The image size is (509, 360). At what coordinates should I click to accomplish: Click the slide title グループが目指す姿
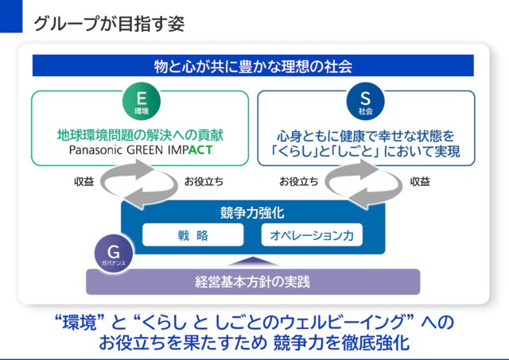click(109, 23)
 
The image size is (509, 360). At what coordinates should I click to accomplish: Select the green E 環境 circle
click(141, 102)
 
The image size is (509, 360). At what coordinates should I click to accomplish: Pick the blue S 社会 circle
click(366, 102)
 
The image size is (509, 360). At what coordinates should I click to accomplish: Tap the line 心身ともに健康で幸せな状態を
click(366, 134)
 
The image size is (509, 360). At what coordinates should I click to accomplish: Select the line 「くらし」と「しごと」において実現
click(366, 150)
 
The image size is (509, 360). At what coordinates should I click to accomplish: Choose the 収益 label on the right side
click(421, 181)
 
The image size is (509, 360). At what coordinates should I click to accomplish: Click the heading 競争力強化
click(252, 212)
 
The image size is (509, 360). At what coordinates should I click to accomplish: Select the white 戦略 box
click(192, 235)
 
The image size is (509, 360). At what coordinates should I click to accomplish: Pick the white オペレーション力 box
click(311, 235)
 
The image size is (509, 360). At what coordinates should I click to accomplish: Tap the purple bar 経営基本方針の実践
click(252, 281)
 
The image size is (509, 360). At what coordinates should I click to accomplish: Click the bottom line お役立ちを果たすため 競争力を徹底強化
click(253, 344)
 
